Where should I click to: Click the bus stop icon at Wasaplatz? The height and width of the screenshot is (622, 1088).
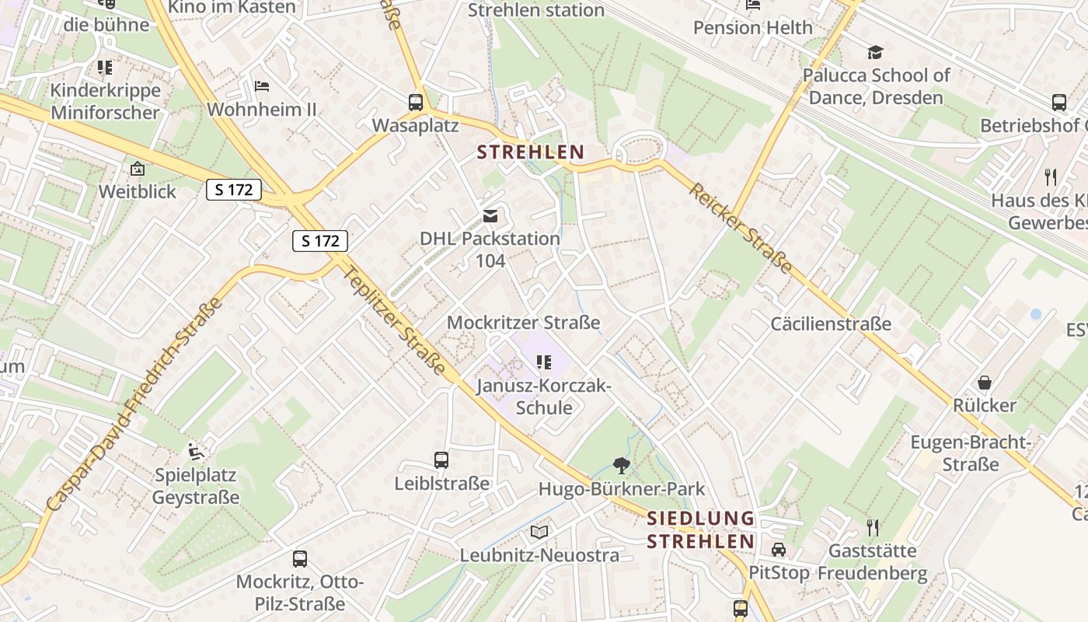pos(416,102)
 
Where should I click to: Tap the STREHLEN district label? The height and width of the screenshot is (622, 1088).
pos(530,152)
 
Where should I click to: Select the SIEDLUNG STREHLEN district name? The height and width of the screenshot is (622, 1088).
pos(701,529)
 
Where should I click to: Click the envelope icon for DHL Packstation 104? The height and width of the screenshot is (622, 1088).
pos(490,215)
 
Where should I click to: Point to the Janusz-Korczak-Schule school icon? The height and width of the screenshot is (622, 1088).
pos(544,362)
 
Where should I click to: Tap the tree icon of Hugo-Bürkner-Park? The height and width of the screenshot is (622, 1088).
pos(621,466)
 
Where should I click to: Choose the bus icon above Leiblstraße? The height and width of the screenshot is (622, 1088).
pos(441,460)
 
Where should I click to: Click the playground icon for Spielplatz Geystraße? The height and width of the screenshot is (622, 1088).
pos(195,451)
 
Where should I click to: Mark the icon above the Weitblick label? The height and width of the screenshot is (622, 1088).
pos(138,168)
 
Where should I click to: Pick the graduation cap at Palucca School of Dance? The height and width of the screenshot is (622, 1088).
pos(876,52)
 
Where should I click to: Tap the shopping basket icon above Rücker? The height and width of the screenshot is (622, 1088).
pos(985,383)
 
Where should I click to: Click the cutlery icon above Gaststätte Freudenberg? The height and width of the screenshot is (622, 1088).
pos(873,528)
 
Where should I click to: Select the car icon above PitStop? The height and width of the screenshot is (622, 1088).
pos(778,549)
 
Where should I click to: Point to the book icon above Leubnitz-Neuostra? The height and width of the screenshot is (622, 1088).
pos(539,533)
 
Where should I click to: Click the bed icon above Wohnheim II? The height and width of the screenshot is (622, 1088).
pos(262,86)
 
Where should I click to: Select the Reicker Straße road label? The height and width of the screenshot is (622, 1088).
pos(741,229)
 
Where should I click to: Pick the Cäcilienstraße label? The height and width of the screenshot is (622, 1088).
pos(831,323)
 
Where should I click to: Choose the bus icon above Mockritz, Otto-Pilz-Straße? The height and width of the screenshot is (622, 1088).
pos(299,558)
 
